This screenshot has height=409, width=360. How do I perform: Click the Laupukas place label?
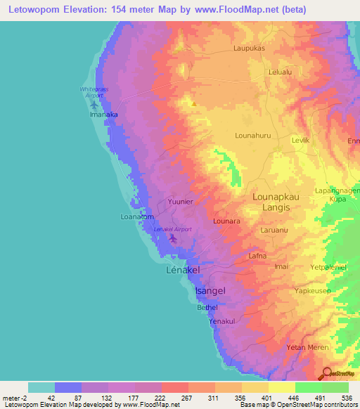coord(249,50)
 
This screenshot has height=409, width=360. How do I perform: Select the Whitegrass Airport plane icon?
coord(94,105)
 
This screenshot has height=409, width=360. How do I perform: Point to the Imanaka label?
coord(101,114)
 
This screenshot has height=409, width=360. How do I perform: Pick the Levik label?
coord(301,141)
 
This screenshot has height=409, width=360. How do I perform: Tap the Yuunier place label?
coord(180,202)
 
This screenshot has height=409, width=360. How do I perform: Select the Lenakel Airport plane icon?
coord(172,239)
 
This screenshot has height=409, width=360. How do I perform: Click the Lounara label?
coord(226,221)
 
